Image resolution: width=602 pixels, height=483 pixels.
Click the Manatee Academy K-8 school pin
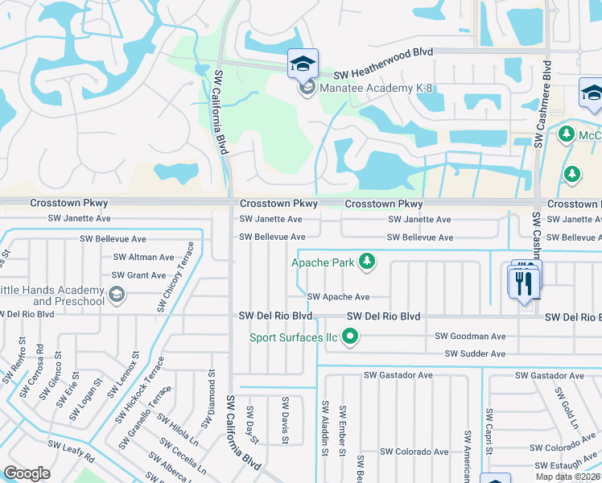pos(303,64)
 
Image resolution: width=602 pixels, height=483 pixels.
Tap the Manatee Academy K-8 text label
pos(376,87)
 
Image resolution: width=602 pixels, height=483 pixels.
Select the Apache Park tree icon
pos(367,261)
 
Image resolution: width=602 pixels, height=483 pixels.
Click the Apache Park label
pos(323,262)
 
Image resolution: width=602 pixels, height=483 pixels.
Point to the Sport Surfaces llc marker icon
pos(349,337)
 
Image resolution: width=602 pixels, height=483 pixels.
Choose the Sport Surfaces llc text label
pos(293,337)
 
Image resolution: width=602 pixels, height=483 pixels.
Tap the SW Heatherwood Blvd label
pos(383,52)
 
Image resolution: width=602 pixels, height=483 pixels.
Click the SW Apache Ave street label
pos(338,297)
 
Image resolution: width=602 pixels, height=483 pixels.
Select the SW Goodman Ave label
pos(470,336)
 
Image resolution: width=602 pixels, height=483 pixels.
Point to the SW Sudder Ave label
pos(475,354)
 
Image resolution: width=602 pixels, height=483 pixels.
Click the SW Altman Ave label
pos(143,258)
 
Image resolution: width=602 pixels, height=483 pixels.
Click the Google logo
pos(27,473)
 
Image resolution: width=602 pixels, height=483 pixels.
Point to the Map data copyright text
pos(568,477)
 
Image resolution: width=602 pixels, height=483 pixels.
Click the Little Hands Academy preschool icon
pos(116,294)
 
